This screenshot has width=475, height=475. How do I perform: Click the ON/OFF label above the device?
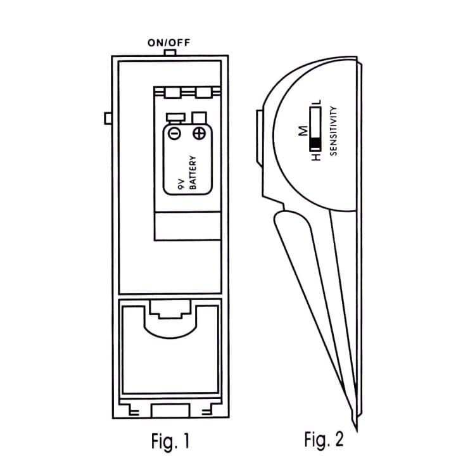coord(168,43)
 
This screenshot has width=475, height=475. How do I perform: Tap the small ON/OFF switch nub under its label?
coord(168,53)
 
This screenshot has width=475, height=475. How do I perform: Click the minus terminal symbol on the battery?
coord(174,133)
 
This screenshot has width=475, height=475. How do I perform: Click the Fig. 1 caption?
coord(169,441)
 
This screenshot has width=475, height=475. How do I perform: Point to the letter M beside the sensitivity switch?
coord(303,131)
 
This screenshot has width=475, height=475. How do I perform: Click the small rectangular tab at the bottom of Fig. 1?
coord(169,410)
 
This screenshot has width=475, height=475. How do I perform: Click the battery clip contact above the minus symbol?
coord(175,117)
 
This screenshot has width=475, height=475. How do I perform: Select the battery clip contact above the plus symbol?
coord(199,117)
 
